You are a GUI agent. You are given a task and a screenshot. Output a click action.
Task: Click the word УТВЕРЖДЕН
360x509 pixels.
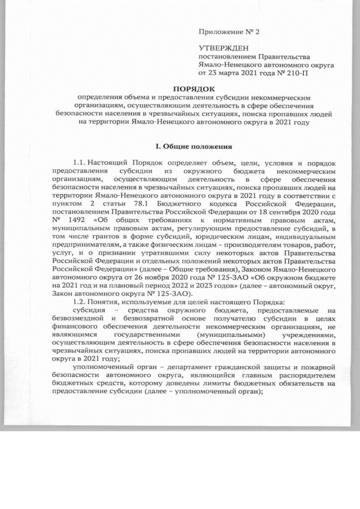tap(222, 49)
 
